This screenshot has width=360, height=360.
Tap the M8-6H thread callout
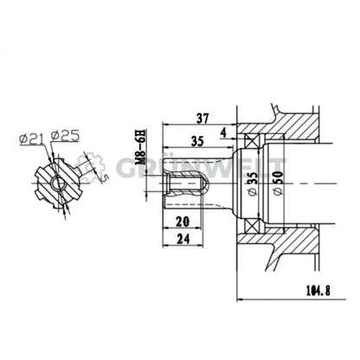click(x=138, y=148)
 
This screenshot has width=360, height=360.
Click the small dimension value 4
click(x=223, y=132)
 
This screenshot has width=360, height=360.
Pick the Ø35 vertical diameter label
click(x=250, y=184)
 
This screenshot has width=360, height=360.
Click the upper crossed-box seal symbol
click(x=252, y=140)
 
